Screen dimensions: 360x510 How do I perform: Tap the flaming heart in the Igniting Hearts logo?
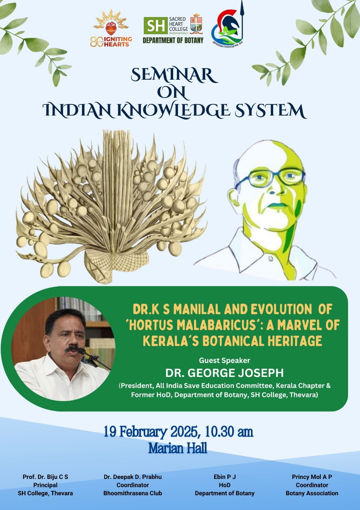pyautogui.click(x=111, y=28)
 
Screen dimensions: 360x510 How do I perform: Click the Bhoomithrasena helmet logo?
pyautogui.click(x=227, y=25)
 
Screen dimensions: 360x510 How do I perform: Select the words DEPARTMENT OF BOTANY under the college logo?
pyautogui.click(x=173, y=40)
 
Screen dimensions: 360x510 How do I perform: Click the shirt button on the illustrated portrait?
pyautogui.click(x=271, y=259)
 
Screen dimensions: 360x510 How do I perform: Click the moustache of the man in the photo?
pyautogui.click(x=72, y=349)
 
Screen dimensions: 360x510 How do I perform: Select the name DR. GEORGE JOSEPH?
pyautogui.click(x=224, y=373)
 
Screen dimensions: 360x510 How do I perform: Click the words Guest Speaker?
pyautogui.click(x=224, y=361)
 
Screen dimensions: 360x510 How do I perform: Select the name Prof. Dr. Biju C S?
pyautogui.click(x=45, y=477)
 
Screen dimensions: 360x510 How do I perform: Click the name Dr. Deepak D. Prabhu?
pyautogui.click(x=133, y=477)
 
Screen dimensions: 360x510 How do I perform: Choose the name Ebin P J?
pyautogui.click(x=225, y=477)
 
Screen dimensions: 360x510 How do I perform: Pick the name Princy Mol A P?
pyautogui.click(x=312, y=477)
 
